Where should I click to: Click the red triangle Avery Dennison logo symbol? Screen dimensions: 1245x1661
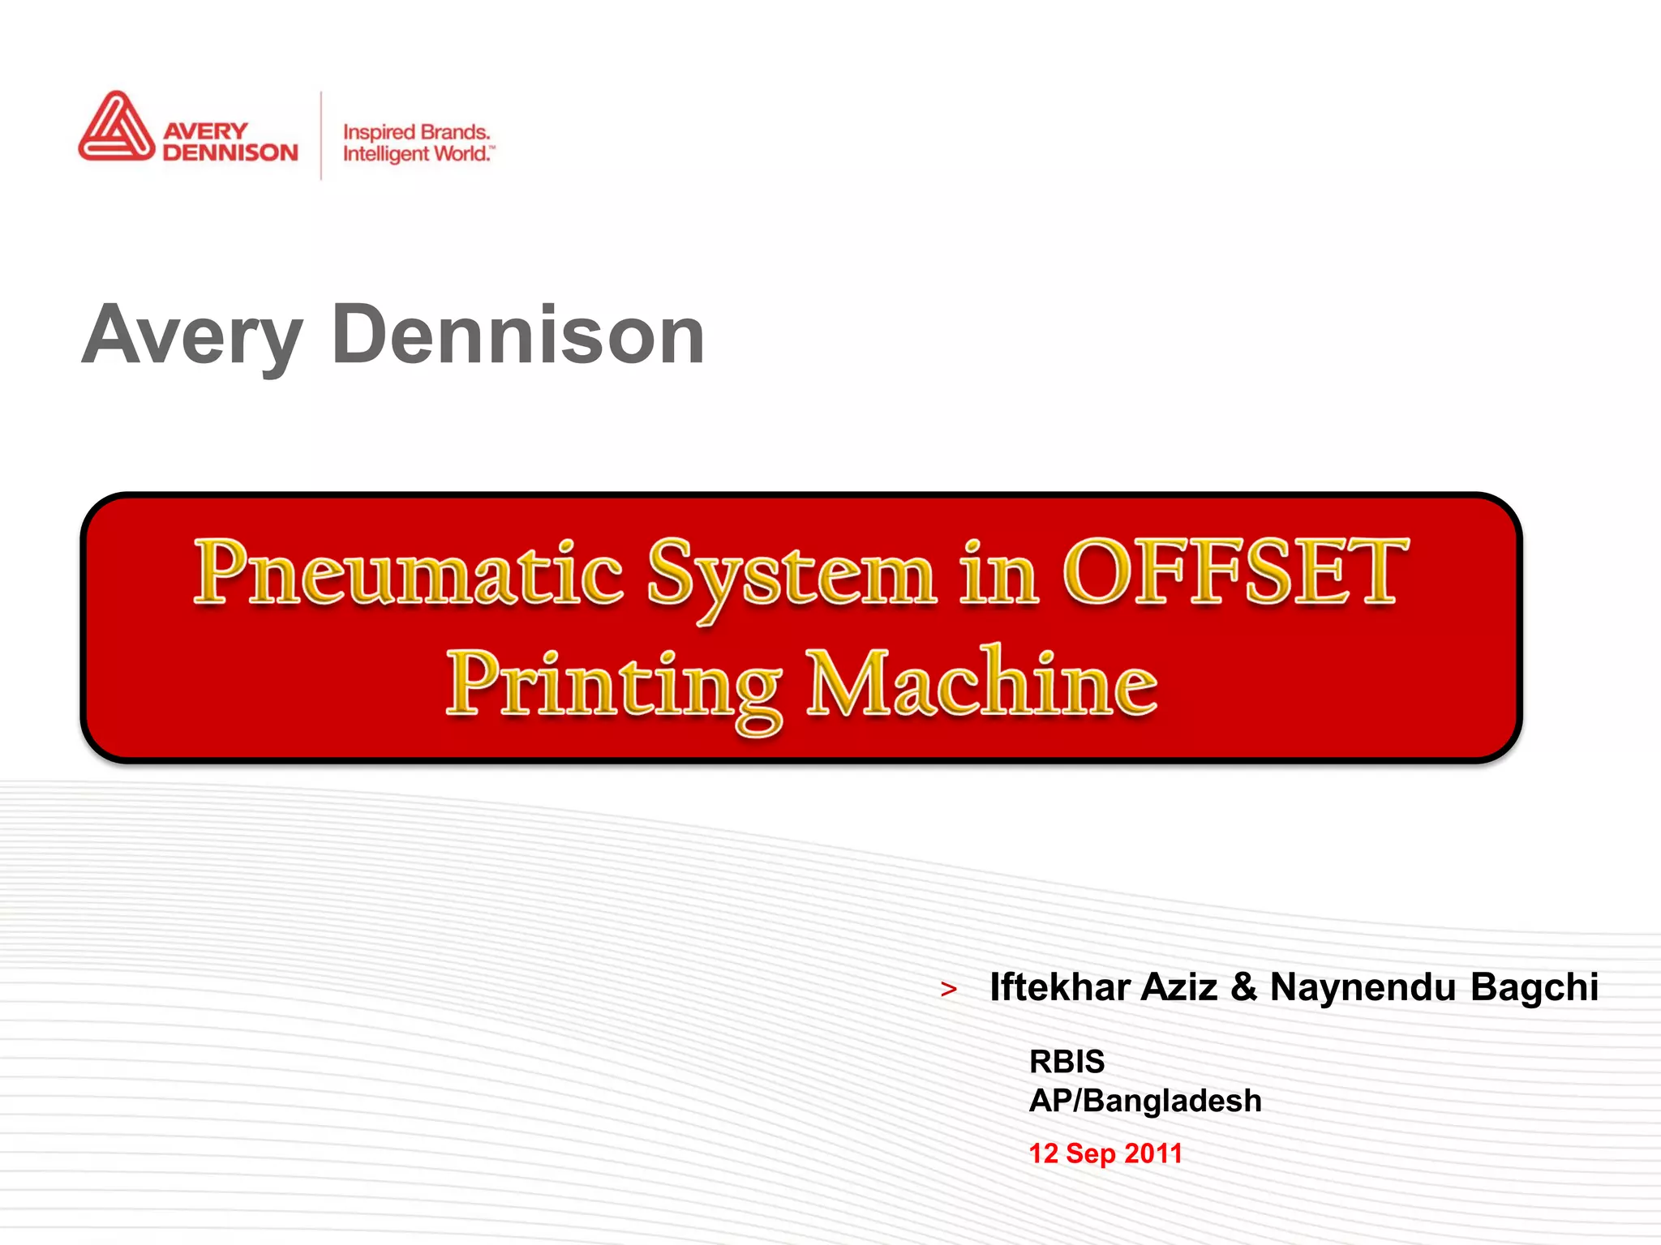click(x=116, y=128)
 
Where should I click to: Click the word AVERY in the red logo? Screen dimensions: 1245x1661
click(x=205, y=131)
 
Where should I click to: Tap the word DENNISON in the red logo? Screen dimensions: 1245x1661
click(x=230, y=152)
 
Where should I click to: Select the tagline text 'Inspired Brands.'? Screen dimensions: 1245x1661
click(x=416, y=132)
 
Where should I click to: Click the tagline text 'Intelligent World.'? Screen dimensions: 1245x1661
click(x=417, y=153)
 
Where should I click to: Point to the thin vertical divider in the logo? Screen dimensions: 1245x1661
click(x=321, y=135)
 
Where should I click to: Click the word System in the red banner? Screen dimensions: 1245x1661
click(x=792, y=574)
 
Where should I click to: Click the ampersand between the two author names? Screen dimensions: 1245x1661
click(x=1243, y=987)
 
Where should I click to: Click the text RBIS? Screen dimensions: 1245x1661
click(x=1067, y=1061)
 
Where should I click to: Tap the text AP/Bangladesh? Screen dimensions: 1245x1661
click(x=1145, y=1101)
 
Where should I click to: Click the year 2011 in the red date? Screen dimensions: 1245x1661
click(x=1153, y=1153)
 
